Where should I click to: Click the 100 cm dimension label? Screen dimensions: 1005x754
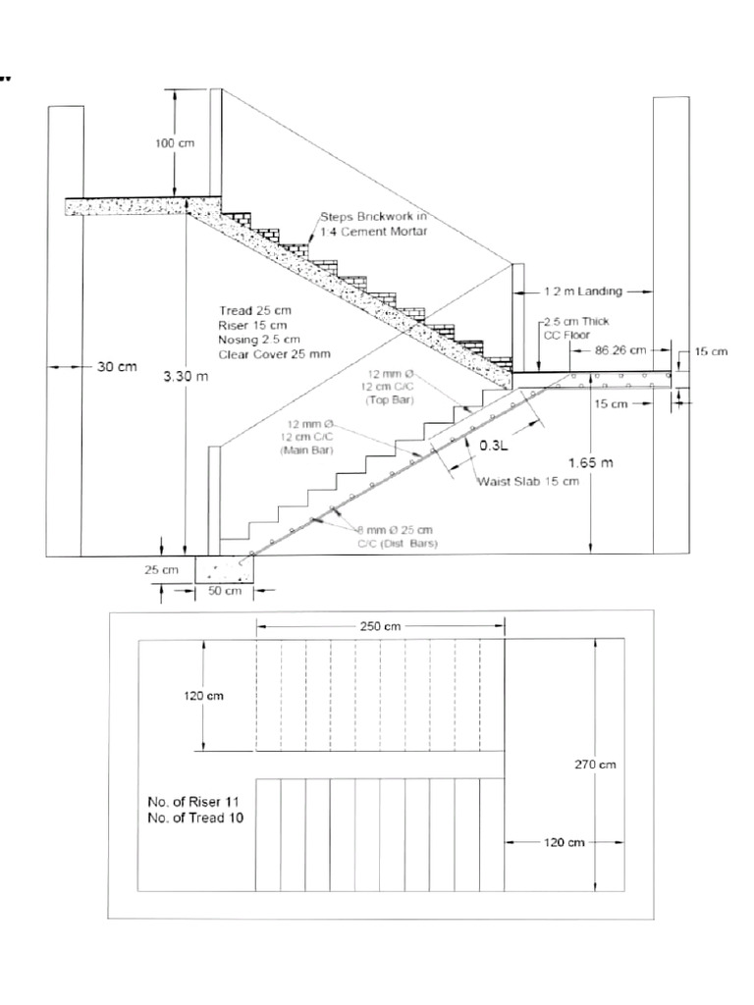point(175,143)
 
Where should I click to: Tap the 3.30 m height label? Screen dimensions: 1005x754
point(186,376)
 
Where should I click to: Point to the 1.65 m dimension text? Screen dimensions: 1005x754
point(590,461)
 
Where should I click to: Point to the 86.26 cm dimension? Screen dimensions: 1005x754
point(620,349)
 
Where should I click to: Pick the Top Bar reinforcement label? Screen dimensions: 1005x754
point(391,387)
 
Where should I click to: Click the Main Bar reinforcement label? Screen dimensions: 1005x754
point(305,437)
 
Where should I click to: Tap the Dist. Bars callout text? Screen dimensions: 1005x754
point(398,536)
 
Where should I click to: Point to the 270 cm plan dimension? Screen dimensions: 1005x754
point(595,765)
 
